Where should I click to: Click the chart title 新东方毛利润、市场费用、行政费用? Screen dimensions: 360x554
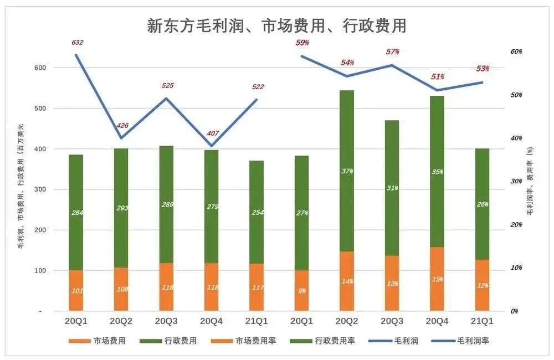pos(277,25)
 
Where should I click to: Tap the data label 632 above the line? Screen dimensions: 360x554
pos(77,43)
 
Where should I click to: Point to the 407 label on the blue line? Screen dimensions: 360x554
pos(212,133)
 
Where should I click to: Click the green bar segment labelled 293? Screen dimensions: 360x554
pos(121,208)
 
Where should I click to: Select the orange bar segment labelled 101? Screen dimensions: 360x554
pos(76,290)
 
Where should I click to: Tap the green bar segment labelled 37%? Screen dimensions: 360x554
pos(347,171)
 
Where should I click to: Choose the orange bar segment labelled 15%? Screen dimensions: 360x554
pos(437,279)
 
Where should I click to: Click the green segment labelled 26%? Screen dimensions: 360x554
pos(483,204)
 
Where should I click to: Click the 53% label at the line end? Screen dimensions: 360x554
pos(483,69)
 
